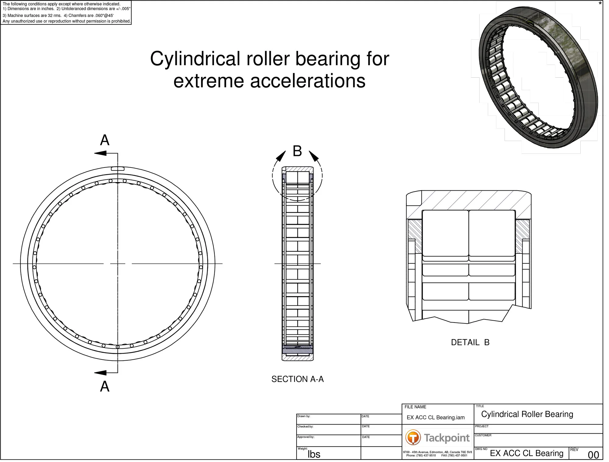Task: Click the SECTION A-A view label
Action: click(x=297, y=379)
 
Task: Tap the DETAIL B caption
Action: click(x=470, y=342)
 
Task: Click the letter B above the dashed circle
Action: click(x=297, y=151)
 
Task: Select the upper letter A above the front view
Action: click(x=105, y=140)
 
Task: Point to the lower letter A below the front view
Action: click(x=105, y=386)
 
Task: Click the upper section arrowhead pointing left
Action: click(x=100, y=153)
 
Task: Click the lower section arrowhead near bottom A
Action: click(x=100, y=372)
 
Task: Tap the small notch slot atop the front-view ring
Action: click(x=118, y=169)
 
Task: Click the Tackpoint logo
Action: click(x=438, y=438)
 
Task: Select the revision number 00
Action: click(x=593, y=455)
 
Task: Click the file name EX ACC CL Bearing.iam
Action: click(x=435, y=418)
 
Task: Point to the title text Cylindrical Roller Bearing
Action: click(x=527, y=414)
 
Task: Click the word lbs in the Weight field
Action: click(x=314, y=454)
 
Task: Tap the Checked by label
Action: click(x=305, y=427)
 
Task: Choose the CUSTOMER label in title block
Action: click(x=483, y=435)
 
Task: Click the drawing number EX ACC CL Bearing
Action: click(x=526, y=453)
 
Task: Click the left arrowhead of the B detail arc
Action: click(x=280, y=156)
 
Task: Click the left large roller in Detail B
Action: click(x=445, y=233)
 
